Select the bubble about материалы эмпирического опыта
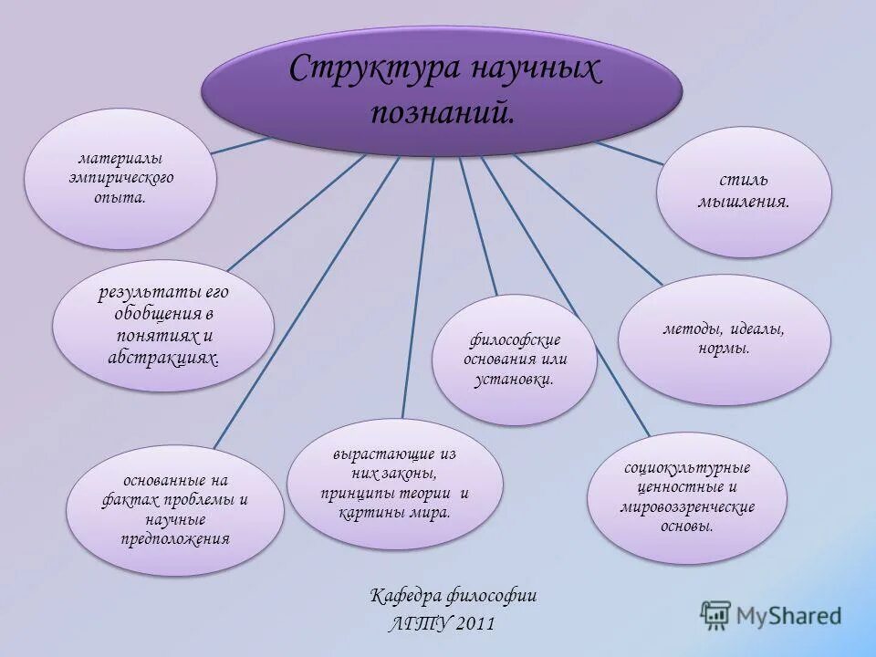(x=120, y=178)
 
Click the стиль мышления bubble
(x=744, y=191)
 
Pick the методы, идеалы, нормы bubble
(x=724, y=339)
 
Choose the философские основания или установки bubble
(x=515, y=360)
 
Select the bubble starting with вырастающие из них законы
(x=394, y=483)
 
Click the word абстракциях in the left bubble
(x=163, y=359)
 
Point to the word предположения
(x=175, y=538)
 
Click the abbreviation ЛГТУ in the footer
(x=415, y=624)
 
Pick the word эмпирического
(x=120, y=178)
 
